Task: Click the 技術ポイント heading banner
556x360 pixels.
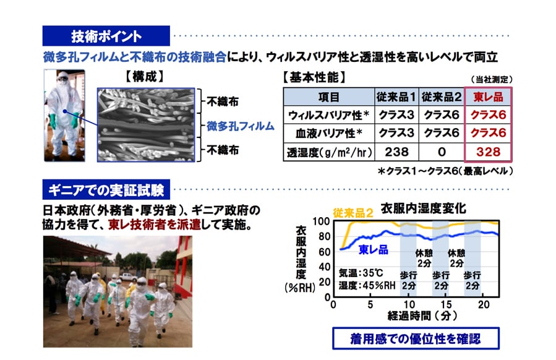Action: click(106, 36)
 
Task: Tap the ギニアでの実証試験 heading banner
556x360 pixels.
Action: click(106, 190)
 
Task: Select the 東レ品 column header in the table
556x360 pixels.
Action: click(488, 96)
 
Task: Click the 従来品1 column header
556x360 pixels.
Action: click(396, 96)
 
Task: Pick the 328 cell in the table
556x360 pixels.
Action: click(488, 152)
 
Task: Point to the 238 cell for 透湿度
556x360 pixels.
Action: click(396, 152)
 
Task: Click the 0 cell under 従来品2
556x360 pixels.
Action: click(442, 152)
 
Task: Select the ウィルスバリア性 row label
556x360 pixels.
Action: click(328, 115)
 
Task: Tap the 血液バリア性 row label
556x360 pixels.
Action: click(328, 133)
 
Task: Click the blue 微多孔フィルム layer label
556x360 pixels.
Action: click(241, 126)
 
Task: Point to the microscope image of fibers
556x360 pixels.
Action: click(146, 125)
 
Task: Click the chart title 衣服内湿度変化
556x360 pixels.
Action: click(423, 208)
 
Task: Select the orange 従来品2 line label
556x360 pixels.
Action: click(353, 213)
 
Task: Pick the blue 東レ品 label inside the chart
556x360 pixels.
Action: click(374, 250)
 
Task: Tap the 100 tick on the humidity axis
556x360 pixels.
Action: click(321, 221)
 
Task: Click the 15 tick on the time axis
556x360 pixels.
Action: click(446, 304)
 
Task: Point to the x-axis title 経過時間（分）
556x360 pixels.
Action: click(422, 315)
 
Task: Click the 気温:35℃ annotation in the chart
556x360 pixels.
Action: click(361, 273)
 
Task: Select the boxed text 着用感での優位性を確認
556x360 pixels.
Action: click(416, 339)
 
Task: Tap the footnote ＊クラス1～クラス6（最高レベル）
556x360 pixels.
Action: click(445, 171)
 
